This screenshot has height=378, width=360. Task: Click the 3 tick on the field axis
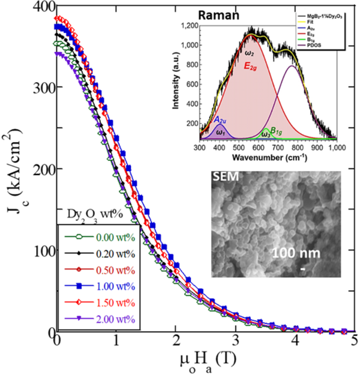tap(236, 342)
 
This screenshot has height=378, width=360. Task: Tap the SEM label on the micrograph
tap(221, 177)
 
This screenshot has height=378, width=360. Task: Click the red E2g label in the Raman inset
tap(252, 66)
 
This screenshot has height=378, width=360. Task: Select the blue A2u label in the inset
tap(219, 120)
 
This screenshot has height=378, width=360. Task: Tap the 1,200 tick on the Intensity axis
tap(185, 25)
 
